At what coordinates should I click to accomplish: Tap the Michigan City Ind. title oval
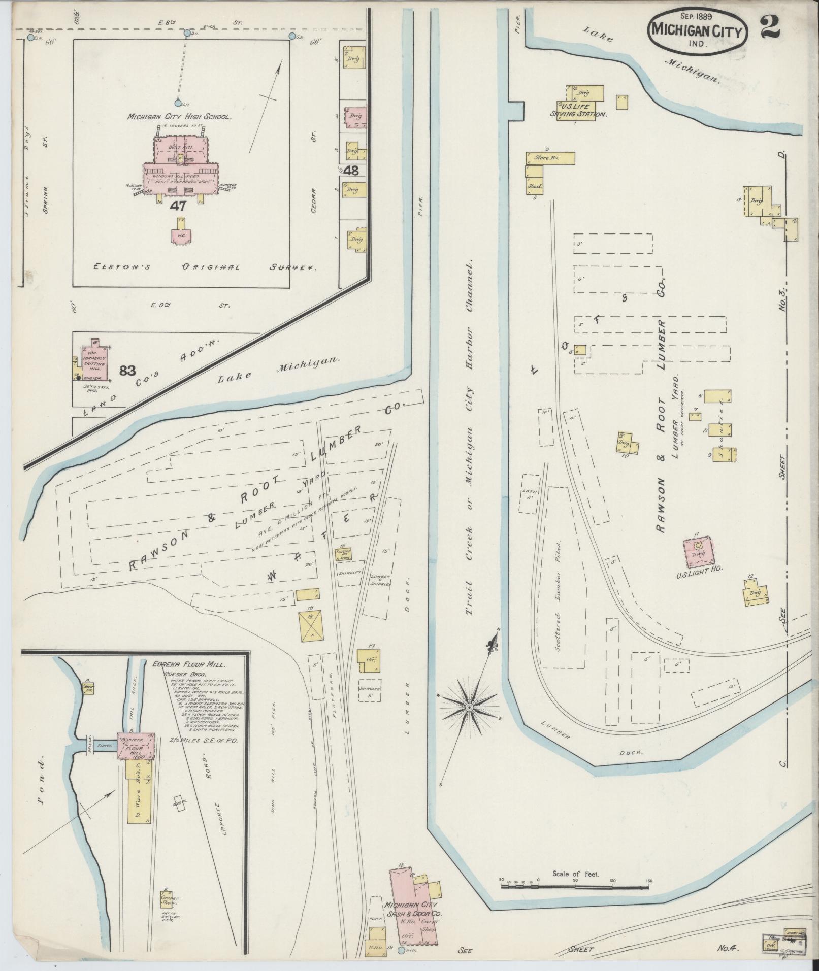tap(698, 33)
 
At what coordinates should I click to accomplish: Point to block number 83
tap(127, 371)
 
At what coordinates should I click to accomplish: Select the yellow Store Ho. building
tap(550, 158)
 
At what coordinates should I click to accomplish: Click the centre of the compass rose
tap(470, 707)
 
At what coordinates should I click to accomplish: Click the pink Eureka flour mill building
tap(136, 746)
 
